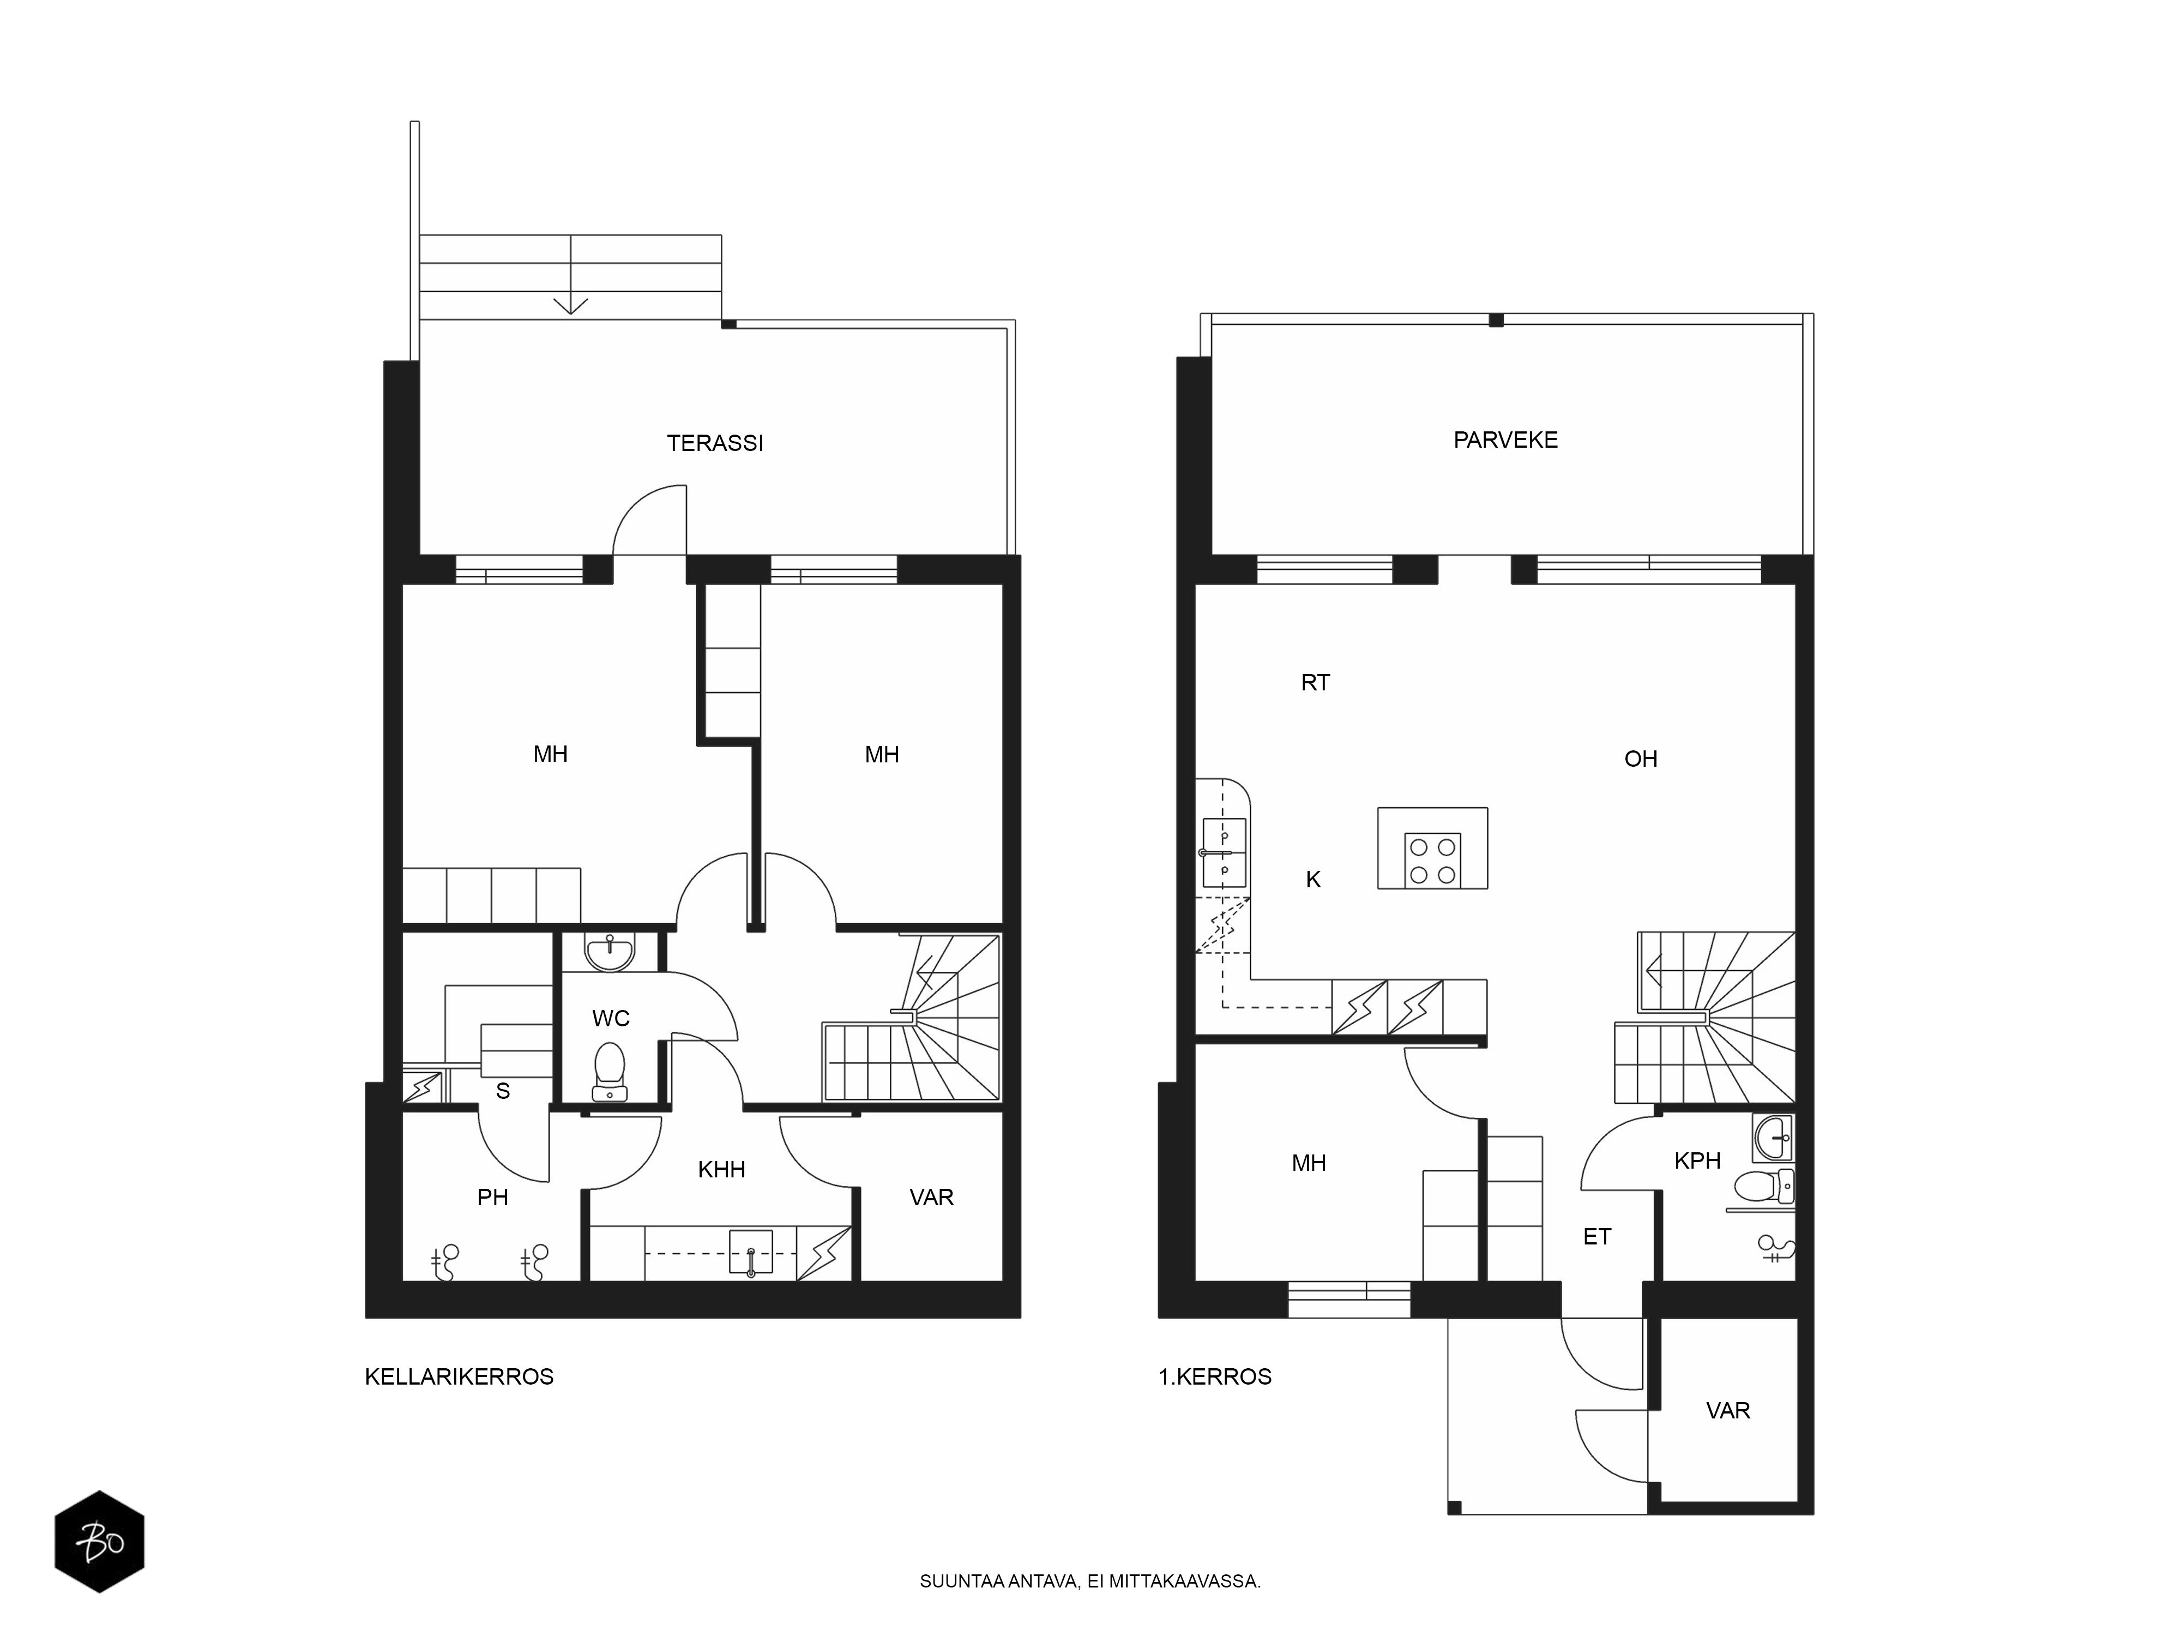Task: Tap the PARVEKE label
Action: (x=1505, y=440)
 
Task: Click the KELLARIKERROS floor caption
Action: (x=460, y=1376)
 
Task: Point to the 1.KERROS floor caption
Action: (x=1215, y=1376)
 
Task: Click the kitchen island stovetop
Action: (x=1432, y=860)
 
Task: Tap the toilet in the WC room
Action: (x=610, y=1071)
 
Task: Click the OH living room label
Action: (x=1641, y=759)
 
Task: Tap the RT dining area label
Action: (x=1315, y=682)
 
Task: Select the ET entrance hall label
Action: (x=1597, y=1237)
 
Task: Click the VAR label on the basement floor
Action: (x=932, y=1197)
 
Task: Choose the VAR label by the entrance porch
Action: (x=1728, y=1410)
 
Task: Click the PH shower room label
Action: (x=493, y=1197)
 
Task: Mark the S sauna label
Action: (x=503, y=1091)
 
